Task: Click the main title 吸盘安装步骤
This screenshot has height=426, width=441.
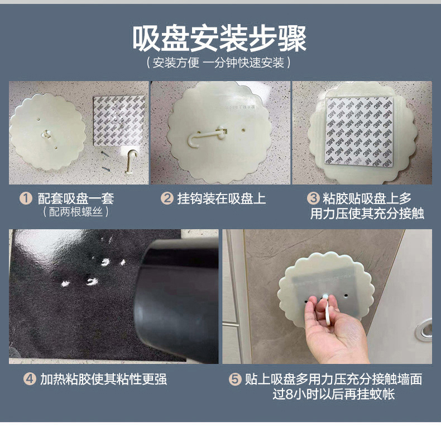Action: [219, 39]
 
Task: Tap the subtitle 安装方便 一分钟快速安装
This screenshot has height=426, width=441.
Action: [218, 63]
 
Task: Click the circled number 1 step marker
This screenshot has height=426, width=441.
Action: [26, 198]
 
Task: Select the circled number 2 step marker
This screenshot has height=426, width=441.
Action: [167, 198]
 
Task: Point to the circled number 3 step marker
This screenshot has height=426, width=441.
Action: [313, 198]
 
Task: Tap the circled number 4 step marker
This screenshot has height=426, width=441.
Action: [30, 379]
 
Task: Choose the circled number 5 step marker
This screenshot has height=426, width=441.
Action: [235, 379]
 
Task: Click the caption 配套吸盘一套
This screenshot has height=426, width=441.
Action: [76, 198]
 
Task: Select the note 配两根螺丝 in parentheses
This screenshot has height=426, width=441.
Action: [76, 212]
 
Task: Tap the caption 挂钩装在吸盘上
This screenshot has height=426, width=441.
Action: [222, 198]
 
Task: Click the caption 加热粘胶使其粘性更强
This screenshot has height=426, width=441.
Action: [104, 379]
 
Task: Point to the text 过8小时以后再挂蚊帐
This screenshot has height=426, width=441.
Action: [334, 394]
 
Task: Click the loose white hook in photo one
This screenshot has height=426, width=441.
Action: [131, 161]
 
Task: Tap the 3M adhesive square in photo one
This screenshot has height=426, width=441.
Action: [119, 121]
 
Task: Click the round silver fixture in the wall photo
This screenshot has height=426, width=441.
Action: [424, 330]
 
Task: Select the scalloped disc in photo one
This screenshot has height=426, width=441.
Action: [47, 132]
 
